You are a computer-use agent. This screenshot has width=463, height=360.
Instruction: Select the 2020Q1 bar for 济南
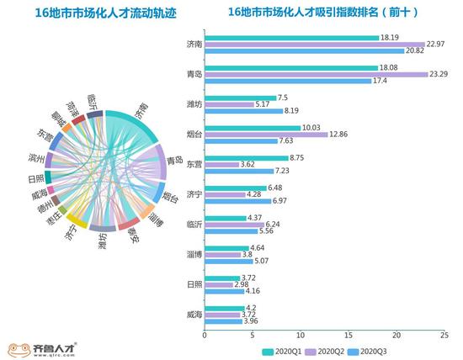[x=290, y=37]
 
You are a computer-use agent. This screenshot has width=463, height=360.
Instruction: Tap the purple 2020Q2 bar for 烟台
[x=266, y=135]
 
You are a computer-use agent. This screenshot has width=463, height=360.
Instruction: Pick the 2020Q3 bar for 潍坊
[x=244, y=110]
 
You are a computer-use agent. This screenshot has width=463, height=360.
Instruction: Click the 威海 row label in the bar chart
[x=194, y=314]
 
